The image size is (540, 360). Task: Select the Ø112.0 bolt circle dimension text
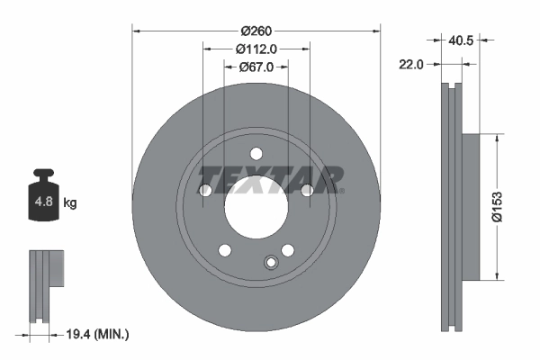click(x=256, y=49)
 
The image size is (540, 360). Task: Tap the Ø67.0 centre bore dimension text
click(x=256, y=67)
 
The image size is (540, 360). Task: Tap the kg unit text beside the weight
click(x=70, y=203)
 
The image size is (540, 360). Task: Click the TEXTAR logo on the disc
click(x=270, y=179)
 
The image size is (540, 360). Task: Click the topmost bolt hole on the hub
click(x=256, y=152)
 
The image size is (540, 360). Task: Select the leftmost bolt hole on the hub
click(x=204, y=190)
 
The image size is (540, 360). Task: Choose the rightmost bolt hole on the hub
click(x=307, y=190)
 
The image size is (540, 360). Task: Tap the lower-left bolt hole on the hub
click(x=224, y=249)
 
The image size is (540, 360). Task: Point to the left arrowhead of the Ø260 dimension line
click(x=137, y=31)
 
